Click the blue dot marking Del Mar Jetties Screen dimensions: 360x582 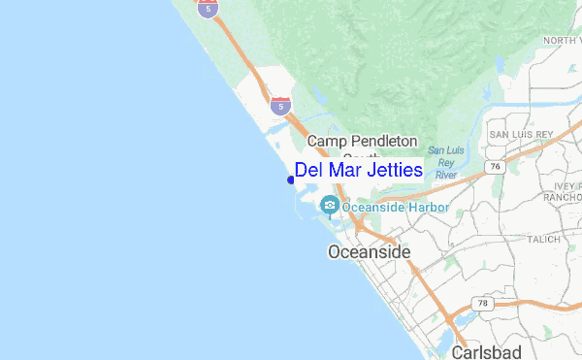[291, 179]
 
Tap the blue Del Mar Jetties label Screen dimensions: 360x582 [359, 170]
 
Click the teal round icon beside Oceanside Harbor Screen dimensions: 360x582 [331, 205]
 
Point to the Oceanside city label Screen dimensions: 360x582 [370, 252]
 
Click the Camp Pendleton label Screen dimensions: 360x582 [362, 142]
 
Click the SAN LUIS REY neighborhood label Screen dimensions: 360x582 [520, 133]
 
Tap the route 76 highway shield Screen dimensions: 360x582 [496, 167]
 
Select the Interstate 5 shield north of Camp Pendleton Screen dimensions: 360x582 [280, 105]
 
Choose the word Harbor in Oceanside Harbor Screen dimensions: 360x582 [426, 207]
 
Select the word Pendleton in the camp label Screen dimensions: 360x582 [382, 142]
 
